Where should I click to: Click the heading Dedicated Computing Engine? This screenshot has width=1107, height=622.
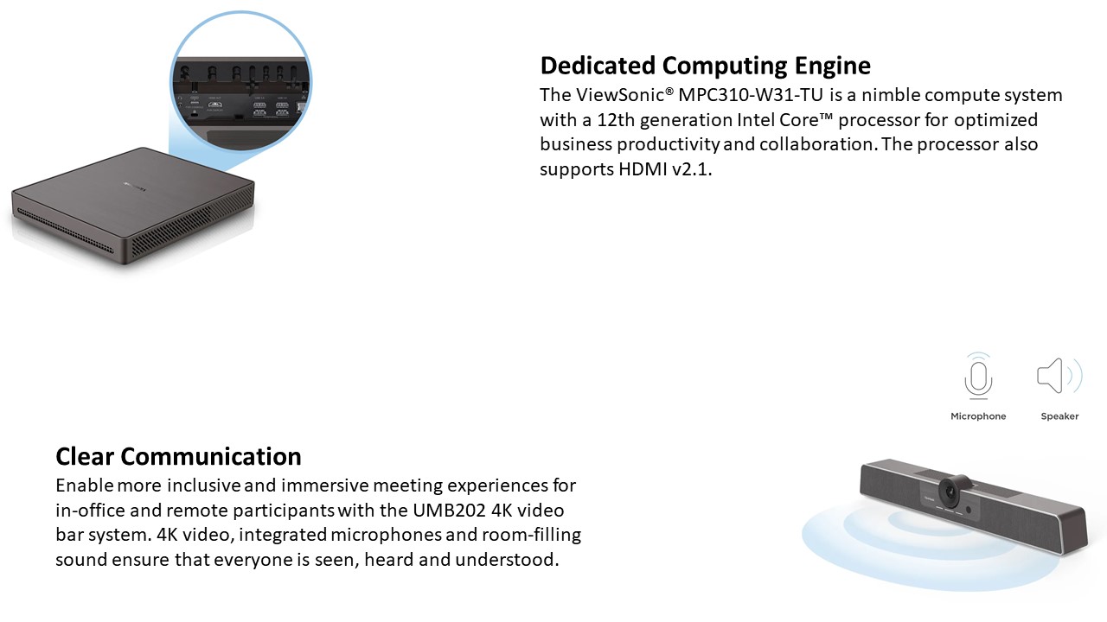coord(705,67)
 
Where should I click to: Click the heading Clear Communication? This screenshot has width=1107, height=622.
coord(178,457)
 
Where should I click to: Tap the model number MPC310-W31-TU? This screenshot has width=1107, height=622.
coord(751,95)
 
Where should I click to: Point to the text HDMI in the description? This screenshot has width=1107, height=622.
coord(643,169)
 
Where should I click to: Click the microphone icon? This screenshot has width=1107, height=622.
coord(978,376)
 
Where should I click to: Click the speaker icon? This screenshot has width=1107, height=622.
coord(1059,376)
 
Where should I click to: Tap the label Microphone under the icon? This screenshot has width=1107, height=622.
coord(978,416)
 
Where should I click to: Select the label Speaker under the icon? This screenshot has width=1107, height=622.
coord(1059,416)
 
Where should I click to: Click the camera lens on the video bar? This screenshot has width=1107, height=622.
coord(950,491)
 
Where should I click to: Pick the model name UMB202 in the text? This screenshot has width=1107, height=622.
coord(449,511)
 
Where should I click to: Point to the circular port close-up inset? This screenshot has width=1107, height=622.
coord(240,81)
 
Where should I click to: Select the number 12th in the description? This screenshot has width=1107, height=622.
coord(616,120)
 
